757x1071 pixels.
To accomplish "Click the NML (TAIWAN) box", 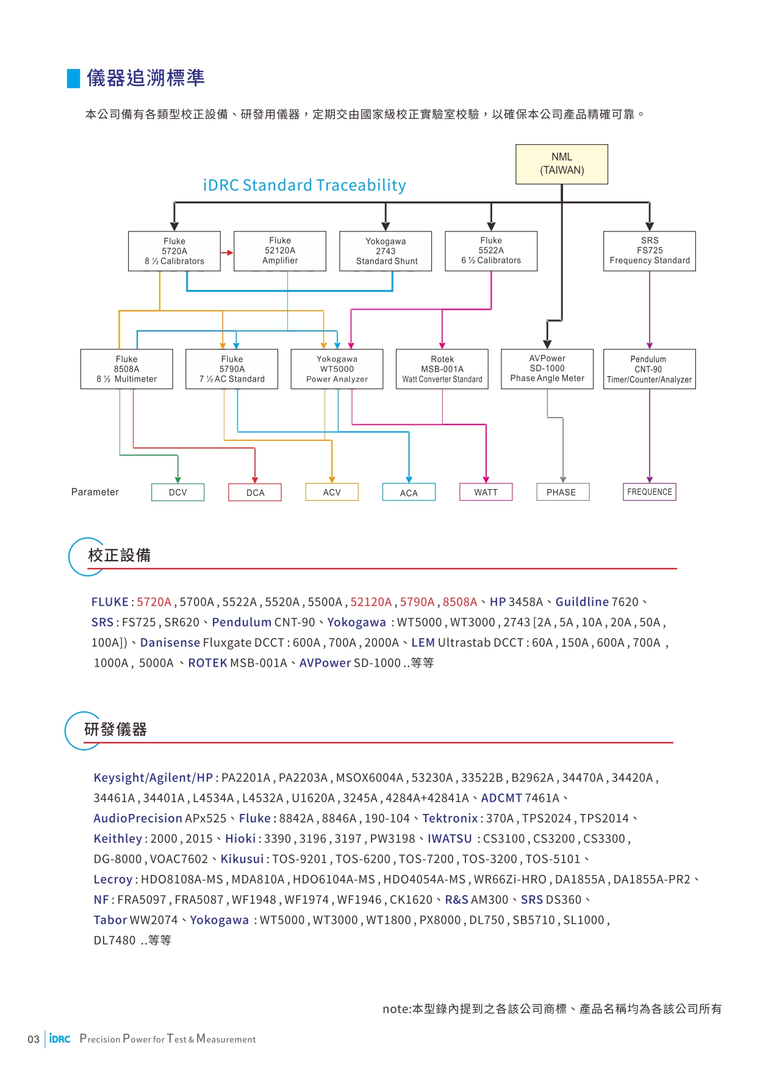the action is point(562,164).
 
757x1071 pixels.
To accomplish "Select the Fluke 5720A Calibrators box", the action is point(174,251).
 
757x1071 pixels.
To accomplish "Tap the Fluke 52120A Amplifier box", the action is point(280,251).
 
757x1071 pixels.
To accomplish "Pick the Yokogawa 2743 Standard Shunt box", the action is point(386,251).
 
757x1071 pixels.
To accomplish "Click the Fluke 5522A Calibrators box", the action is point(491,251).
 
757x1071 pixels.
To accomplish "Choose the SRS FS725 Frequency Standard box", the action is point(650,251).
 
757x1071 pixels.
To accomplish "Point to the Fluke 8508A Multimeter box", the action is point(127,369).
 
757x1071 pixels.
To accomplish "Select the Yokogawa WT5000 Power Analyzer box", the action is point(337,369).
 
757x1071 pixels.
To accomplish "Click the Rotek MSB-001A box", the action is point(442,369).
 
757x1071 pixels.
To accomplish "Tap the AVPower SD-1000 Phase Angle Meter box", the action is point(547,369).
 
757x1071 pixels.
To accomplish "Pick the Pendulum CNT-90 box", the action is point(650,369).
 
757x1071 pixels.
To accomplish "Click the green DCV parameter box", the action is point(178,492).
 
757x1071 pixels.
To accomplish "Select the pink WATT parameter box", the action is point(486,492).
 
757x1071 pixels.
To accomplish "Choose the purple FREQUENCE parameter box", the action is point(650,492).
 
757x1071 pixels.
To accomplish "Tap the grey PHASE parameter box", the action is point(563,492).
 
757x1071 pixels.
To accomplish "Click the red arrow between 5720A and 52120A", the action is point(227,252).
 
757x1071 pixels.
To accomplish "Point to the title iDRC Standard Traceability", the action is point(304,185).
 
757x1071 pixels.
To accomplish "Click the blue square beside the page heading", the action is point(74,79).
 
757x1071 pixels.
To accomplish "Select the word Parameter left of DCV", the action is point(95,492).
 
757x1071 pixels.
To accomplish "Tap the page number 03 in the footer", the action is point(34,1039).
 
